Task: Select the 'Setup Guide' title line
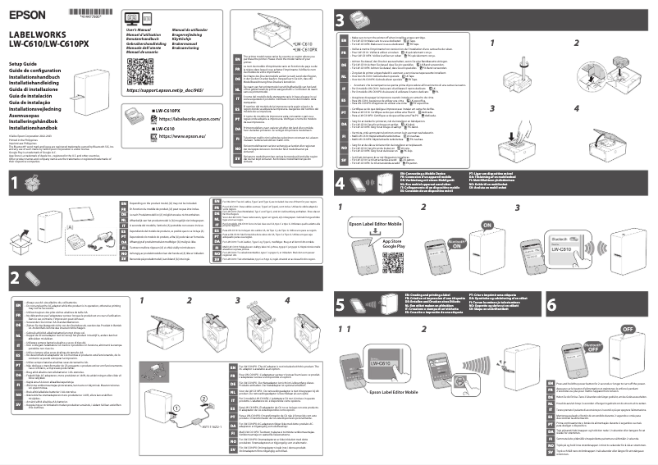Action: (24, 63)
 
